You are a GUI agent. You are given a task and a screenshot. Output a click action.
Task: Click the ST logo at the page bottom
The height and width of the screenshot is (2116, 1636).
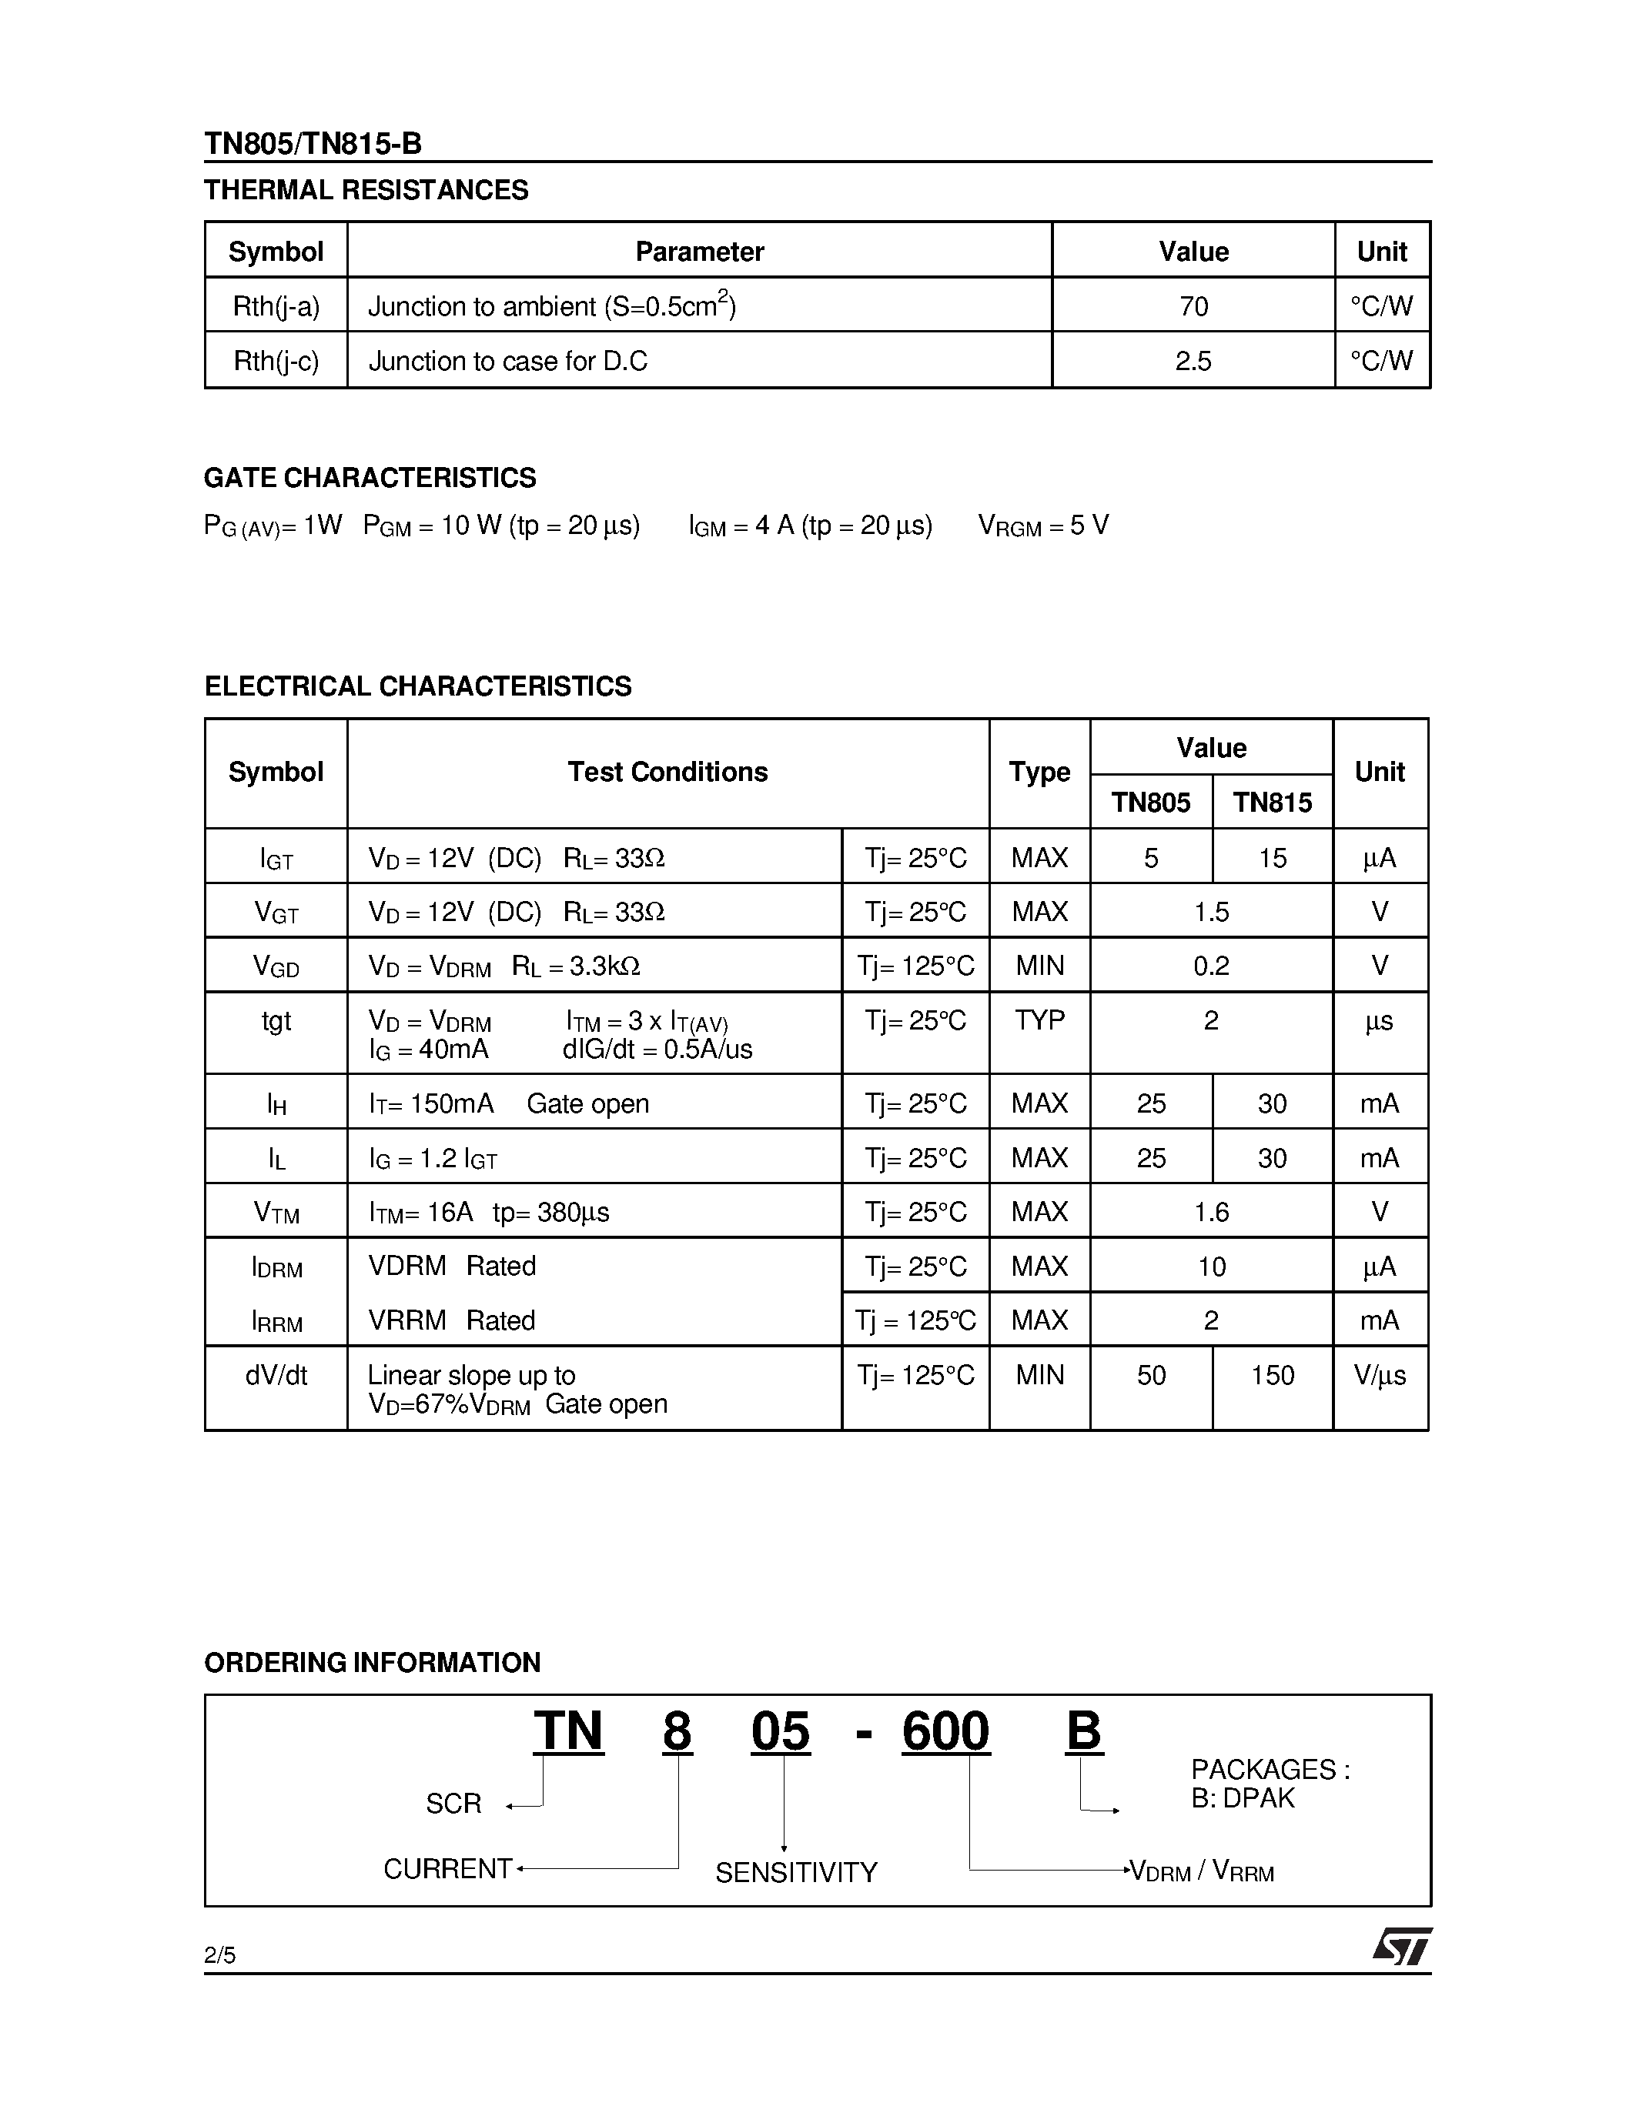click(1401, 1947)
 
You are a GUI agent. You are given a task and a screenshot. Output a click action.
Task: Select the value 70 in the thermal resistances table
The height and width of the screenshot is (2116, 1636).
click(1193, 306)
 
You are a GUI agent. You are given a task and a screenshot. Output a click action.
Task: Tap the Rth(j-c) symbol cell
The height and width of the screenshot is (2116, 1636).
click(276, 362)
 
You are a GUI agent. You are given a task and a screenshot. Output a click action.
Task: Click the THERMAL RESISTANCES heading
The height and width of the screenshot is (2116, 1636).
click(366, 190)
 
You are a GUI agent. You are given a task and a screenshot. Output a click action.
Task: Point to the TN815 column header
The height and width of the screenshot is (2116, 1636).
click(1272, 803)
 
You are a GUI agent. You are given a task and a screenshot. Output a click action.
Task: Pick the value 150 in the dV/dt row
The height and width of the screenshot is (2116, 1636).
click(1272, 1375)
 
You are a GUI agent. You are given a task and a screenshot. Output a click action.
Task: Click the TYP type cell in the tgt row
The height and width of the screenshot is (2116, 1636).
click(1039, 1020)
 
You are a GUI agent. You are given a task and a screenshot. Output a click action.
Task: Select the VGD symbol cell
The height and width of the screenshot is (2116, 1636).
click(276, 966)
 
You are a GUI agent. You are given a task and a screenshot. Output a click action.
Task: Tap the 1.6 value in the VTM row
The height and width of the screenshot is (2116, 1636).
click(1210, 1212)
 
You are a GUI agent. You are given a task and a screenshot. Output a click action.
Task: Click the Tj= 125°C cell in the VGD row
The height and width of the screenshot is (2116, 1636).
click(915, 966)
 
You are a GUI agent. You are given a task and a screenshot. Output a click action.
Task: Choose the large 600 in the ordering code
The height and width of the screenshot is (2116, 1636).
click(945, 1731)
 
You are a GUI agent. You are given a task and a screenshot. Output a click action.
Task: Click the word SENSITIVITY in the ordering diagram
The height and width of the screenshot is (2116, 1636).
click(796, 1872)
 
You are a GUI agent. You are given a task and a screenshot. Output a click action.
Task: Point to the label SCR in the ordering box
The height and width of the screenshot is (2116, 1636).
click(453, 1803)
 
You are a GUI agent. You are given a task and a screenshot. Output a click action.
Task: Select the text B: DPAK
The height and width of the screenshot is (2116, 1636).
click(1243, 1798)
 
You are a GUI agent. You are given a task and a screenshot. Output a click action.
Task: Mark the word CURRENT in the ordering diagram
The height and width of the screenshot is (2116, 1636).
click(447, 1869)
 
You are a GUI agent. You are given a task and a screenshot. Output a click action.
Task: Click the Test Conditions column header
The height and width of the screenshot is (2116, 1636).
click(667, 773)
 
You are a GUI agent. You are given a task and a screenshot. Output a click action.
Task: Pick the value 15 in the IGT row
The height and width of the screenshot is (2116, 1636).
click(1272, 857)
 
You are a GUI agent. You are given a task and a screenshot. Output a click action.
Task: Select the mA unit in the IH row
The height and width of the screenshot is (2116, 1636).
click(1378, 1103)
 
